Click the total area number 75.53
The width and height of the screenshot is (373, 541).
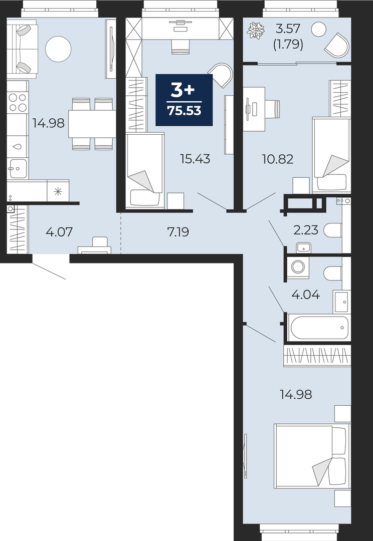click(184, 111)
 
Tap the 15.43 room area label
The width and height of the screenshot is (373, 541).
click(195, 159)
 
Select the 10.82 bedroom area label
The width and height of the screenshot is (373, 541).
click(278, 159)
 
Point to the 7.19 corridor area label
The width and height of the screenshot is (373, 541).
click(178, 232)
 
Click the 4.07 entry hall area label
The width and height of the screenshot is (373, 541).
click(59, 232)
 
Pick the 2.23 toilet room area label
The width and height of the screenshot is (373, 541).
click(306, 230)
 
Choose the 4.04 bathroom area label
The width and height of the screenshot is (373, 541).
click(306, 295)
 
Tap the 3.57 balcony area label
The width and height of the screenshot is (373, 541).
click(288, 28)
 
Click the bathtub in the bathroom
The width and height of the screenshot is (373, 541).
click(319, 328)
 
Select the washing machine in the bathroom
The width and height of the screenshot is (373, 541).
click(297, 267)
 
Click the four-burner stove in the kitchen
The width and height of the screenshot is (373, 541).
click(18, 102)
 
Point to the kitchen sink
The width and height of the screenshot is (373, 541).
click(18, 169)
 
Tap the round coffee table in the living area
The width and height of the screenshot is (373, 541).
click(58, 49)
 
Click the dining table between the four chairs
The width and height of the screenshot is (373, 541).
click(92, 124)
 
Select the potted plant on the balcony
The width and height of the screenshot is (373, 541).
click(256, 31)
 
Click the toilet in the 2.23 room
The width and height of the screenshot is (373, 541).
click(333, 230)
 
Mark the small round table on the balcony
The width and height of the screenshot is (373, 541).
click(318, 30)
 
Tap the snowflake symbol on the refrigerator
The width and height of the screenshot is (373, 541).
click(58, 191)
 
